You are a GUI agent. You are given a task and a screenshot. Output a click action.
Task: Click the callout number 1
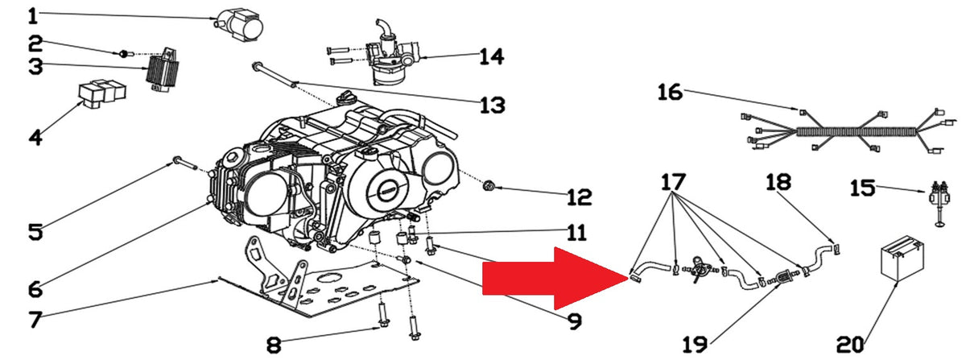pyautogui.click(x=33, y=16)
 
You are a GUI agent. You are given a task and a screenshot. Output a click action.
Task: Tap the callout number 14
pyautogui.click(x=492, y=57)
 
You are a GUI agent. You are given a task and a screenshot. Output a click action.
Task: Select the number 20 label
pyautogui.click(x=850, y=345)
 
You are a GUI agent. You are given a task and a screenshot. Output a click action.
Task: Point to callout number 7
pyautogui.click(x=35, y=320)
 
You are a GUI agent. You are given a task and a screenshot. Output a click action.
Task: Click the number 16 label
pyautogui.click(x=670, y=93)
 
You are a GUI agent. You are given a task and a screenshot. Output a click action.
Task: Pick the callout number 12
pyautogui.click(x=579, y=197)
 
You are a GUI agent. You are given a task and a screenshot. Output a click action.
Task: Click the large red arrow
pyautogui.click(x=555, y=279)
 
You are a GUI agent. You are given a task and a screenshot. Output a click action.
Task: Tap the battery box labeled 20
pyautogui.click(x=902, y=259)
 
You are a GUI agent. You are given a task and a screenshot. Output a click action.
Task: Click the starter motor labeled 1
pyautogui.click(x=240, y=26)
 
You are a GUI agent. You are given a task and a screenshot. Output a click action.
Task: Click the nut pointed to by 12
pyautogui.click(x=489, y=187)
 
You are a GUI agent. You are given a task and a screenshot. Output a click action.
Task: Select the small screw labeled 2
pyautogui.click(x=122, y=53)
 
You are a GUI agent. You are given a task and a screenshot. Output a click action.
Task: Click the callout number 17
pyautogui.click(x=674, y=183)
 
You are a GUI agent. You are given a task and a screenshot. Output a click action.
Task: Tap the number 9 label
pyautogui.click(x=575, y=321)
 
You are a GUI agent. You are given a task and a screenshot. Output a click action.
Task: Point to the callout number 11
pyautogui.click(x=576, y=233)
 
